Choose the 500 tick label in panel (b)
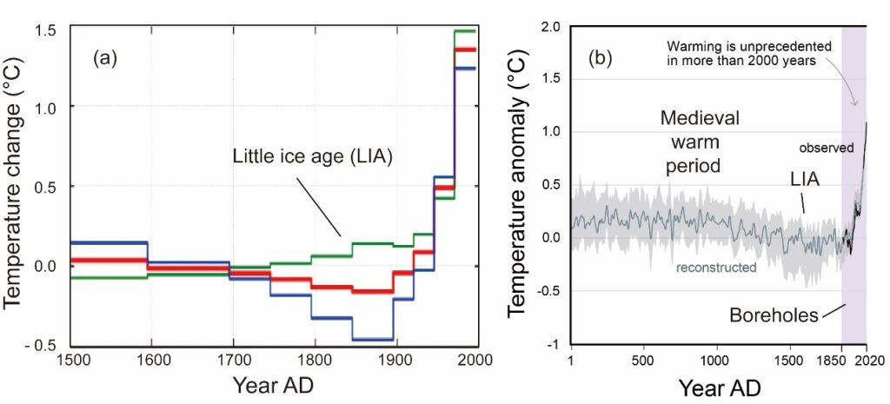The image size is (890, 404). click(x=643, y=359)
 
